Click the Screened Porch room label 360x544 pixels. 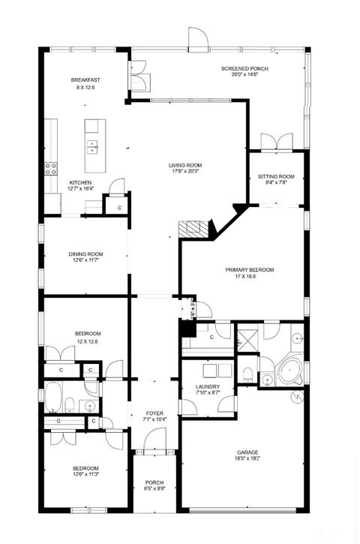click(x=244, y=69)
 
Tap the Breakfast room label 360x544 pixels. click(x=85, y=80)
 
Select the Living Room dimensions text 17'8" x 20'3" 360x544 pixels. click(x=185, y=171)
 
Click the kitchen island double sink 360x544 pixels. click(x=92, y=146)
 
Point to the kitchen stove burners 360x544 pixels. click(x=51, y=169)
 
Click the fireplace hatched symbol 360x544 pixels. click(x=193, y=230)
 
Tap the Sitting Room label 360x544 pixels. click(x=276, y=176)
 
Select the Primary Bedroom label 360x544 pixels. click(x=249, y=270)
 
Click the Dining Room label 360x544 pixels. click(x=85, y=254)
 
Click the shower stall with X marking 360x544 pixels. click(x=247, y=341)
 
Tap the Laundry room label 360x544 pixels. click(x=208, y=387)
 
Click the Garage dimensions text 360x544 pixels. click(x=248, y=458)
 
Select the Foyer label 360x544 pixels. click(x=154, y=413)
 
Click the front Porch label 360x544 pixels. click(x=154, y=482)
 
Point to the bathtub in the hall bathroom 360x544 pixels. click(x=52, y=397)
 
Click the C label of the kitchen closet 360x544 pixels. click(x=120, y=208)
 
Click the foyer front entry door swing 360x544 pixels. click(x=155, y=438)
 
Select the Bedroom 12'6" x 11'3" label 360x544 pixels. click(x=85, y=471)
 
